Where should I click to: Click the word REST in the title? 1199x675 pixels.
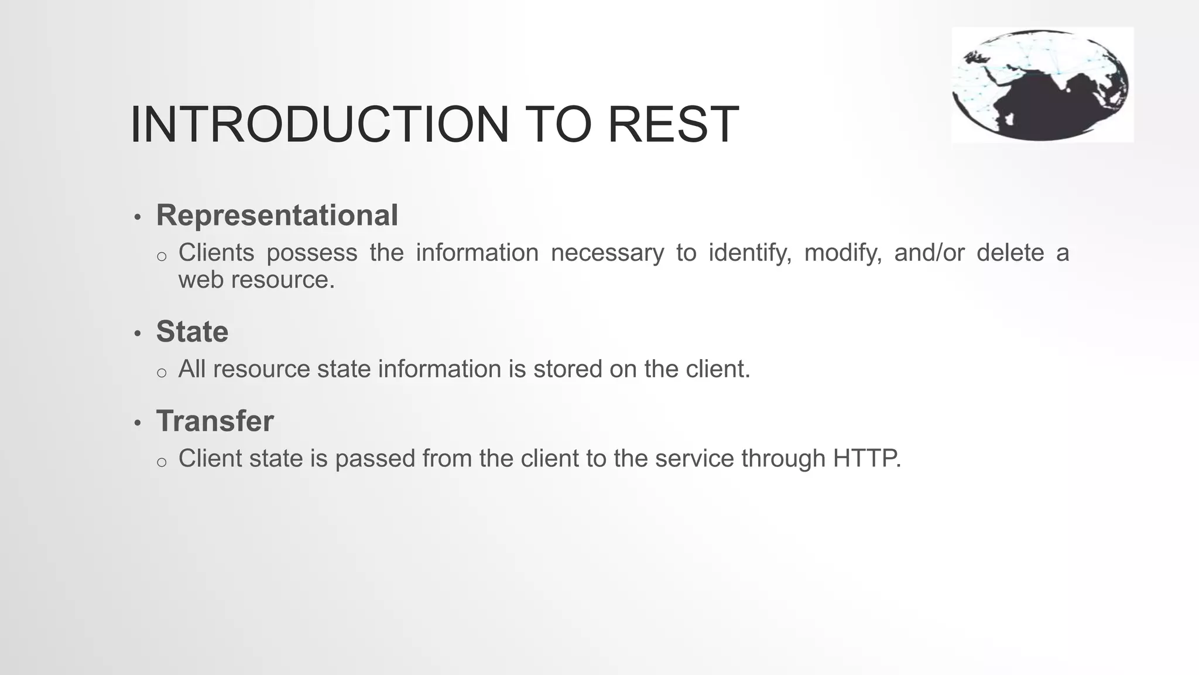[x=673, y=124]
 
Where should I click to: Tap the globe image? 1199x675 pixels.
[x=1042, y=85]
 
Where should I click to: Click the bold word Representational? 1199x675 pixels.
[x=277, y=215]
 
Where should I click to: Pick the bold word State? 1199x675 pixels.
[x=192, y=332]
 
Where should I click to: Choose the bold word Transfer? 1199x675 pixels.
[x=215, y=421]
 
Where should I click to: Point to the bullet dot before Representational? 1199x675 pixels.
[x=138, y=217]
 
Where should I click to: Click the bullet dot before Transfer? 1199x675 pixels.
[x=138, y=423]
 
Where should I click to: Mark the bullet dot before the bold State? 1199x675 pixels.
[x=138, y=334]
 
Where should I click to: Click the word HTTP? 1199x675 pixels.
[x=866, y=458]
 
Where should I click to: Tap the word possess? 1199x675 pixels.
[x=312, y=253]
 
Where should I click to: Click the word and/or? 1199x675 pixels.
[x=929, y=253]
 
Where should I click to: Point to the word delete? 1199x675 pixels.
[x=1010, y=253]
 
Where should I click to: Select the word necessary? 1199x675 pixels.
[x=607, y=253]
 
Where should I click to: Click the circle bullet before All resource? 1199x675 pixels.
[x=162, y=373]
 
